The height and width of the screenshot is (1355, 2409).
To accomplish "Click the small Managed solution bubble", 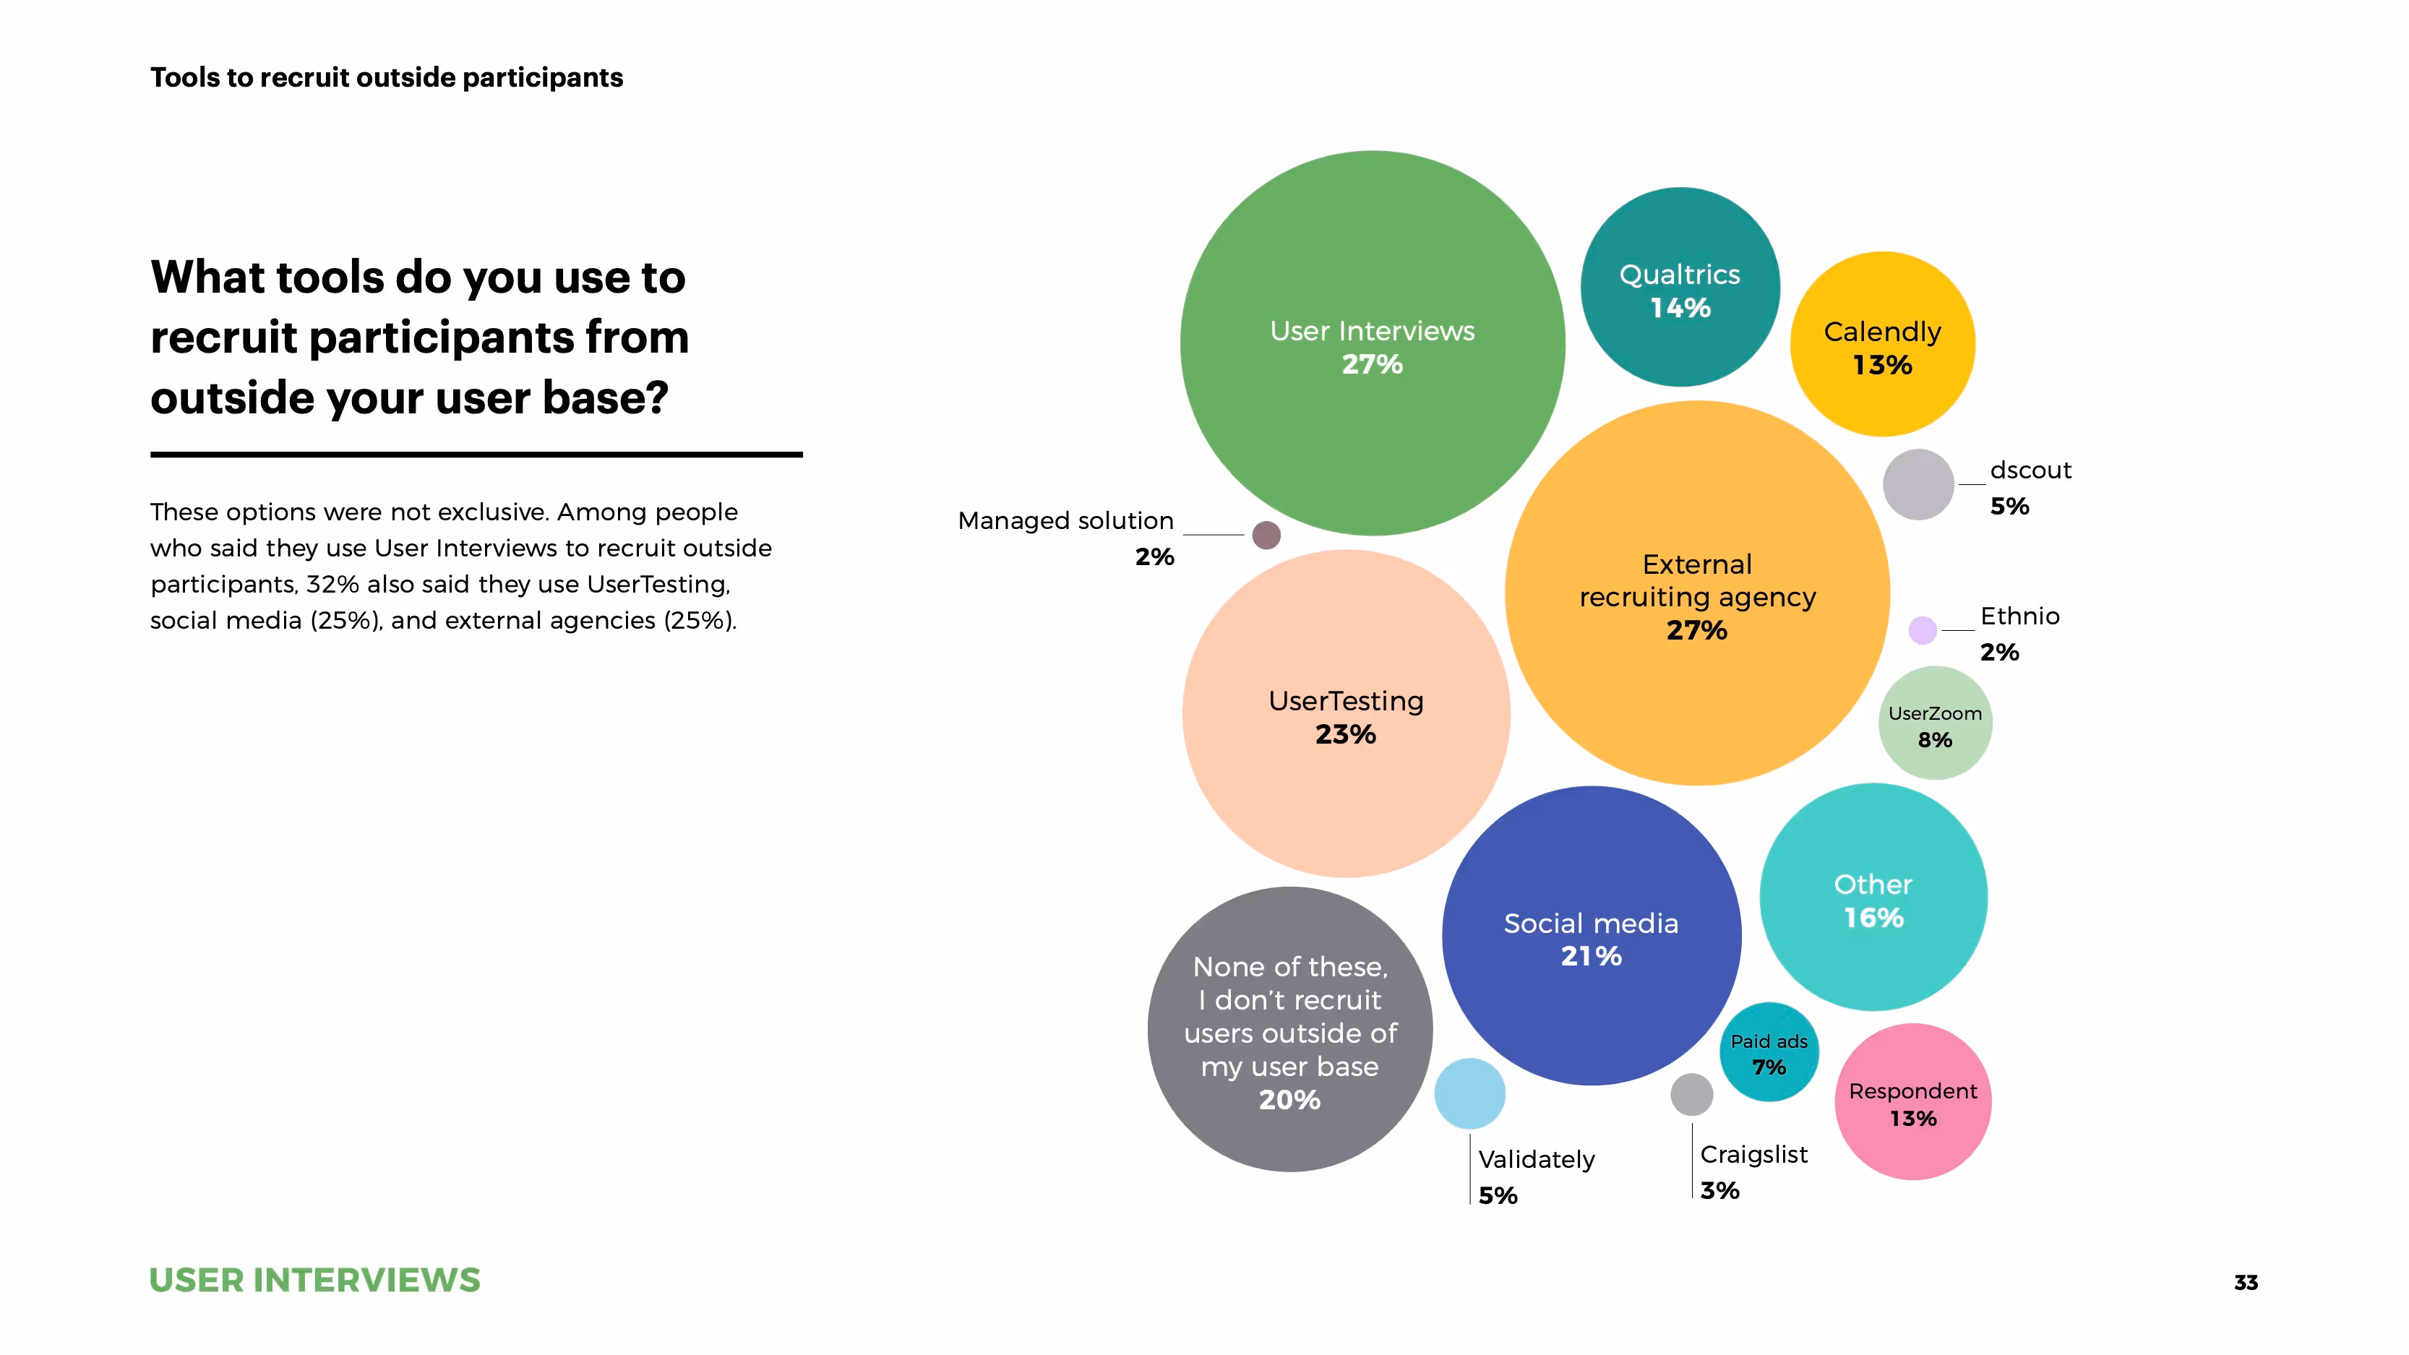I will point(1266,535).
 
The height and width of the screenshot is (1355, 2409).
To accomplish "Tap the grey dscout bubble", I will point(1918,484).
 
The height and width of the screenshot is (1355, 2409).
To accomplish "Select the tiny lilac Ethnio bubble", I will point(1923,630).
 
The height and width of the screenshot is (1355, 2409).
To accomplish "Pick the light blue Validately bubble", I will point(1469,1093).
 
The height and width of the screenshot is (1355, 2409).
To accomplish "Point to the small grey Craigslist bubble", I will point(1692,1094).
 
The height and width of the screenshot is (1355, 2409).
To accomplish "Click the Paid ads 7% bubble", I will point(1769,1053).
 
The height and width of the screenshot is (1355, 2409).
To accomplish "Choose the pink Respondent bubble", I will point(1912,1101).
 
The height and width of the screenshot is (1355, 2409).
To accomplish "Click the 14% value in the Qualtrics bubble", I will point(1680,308).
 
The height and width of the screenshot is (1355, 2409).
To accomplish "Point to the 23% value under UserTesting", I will point(1346,734).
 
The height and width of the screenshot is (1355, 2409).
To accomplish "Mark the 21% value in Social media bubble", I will point(1591,955).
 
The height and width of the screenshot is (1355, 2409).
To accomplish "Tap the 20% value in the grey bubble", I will point(1289,1100).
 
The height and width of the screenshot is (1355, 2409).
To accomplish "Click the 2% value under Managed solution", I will point(1154,557).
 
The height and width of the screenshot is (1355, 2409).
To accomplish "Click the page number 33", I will point(2246,1283).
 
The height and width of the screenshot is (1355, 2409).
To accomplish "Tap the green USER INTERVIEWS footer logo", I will point(314,1280).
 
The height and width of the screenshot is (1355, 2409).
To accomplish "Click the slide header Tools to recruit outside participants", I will point(386,77).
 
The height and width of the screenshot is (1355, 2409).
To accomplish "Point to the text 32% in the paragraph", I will point(332,585).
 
